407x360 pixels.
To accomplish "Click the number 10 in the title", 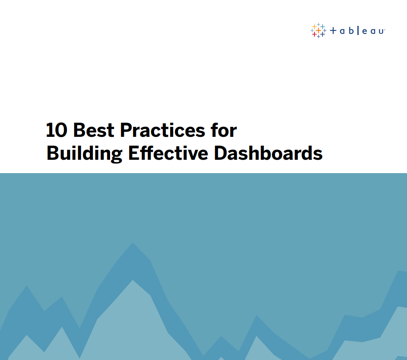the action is [x=57, y=130].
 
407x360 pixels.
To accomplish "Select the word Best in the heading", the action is [x=94, y=130].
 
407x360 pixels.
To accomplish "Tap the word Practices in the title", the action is [x=163, y=130].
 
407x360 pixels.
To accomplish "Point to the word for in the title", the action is [x=224, y=130].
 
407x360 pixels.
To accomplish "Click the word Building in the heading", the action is [x=84, y=153].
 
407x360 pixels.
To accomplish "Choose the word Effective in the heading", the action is [x=168, y=153].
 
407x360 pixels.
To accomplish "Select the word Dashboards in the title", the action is [x=268, y=153].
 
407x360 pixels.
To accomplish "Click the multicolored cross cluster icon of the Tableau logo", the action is [x=318, y=30].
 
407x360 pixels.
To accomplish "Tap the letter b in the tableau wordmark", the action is [x=351, y=30].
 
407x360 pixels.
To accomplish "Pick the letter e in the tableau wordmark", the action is [x=365, y=31].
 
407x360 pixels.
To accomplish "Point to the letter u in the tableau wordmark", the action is [x=381, y=32].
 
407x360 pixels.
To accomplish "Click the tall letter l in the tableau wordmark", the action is [x=358, y=30].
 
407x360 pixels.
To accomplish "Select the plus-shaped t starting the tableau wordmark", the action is [x=333, y=31].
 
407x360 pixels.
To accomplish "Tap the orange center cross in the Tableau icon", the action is [x=318, y=30].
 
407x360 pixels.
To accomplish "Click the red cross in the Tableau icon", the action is [x=314, y=34].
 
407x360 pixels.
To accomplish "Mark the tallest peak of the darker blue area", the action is [x=133, y=243].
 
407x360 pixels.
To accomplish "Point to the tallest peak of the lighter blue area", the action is [x=133, y=280].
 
